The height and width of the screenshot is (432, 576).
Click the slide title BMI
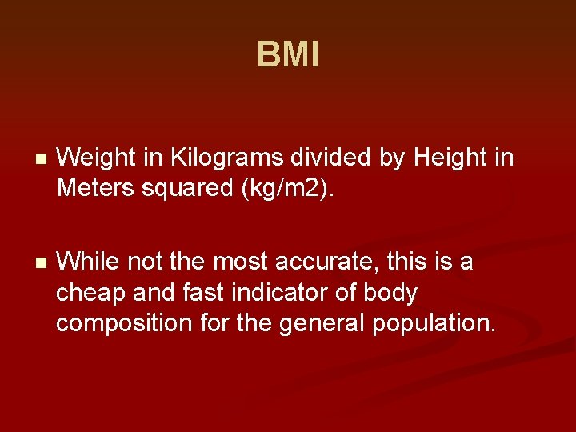288,56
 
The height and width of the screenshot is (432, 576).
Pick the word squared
196,190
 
